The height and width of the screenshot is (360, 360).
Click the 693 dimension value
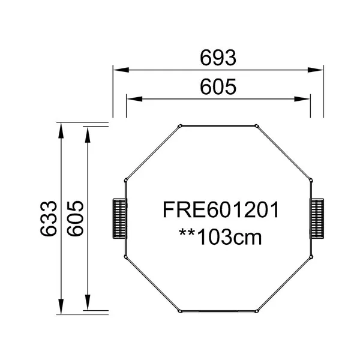click(x=218, y=58)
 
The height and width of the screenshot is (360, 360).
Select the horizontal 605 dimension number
click(x=218, y=87)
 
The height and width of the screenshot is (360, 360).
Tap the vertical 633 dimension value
click(x=49, y=218)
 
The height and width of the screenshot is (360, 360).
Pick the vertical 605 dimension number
click(x=76, y=218)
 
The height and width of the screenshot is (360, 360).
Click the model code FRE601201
click(x=221, y=209)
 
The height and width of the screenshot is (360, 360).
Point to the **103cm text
click(x=220, y=237)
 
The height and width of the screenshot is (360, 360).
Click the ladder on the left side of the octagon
click(x=119, y=218)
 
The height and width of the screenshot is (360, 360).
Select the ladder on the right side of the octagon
click(x=317, y=218)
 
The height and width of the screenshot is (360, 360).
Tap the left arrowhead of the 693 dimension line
click(x=121, y=70)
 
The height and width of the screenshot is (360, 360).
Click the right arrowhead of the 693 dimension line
click(x=316, y=70)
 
